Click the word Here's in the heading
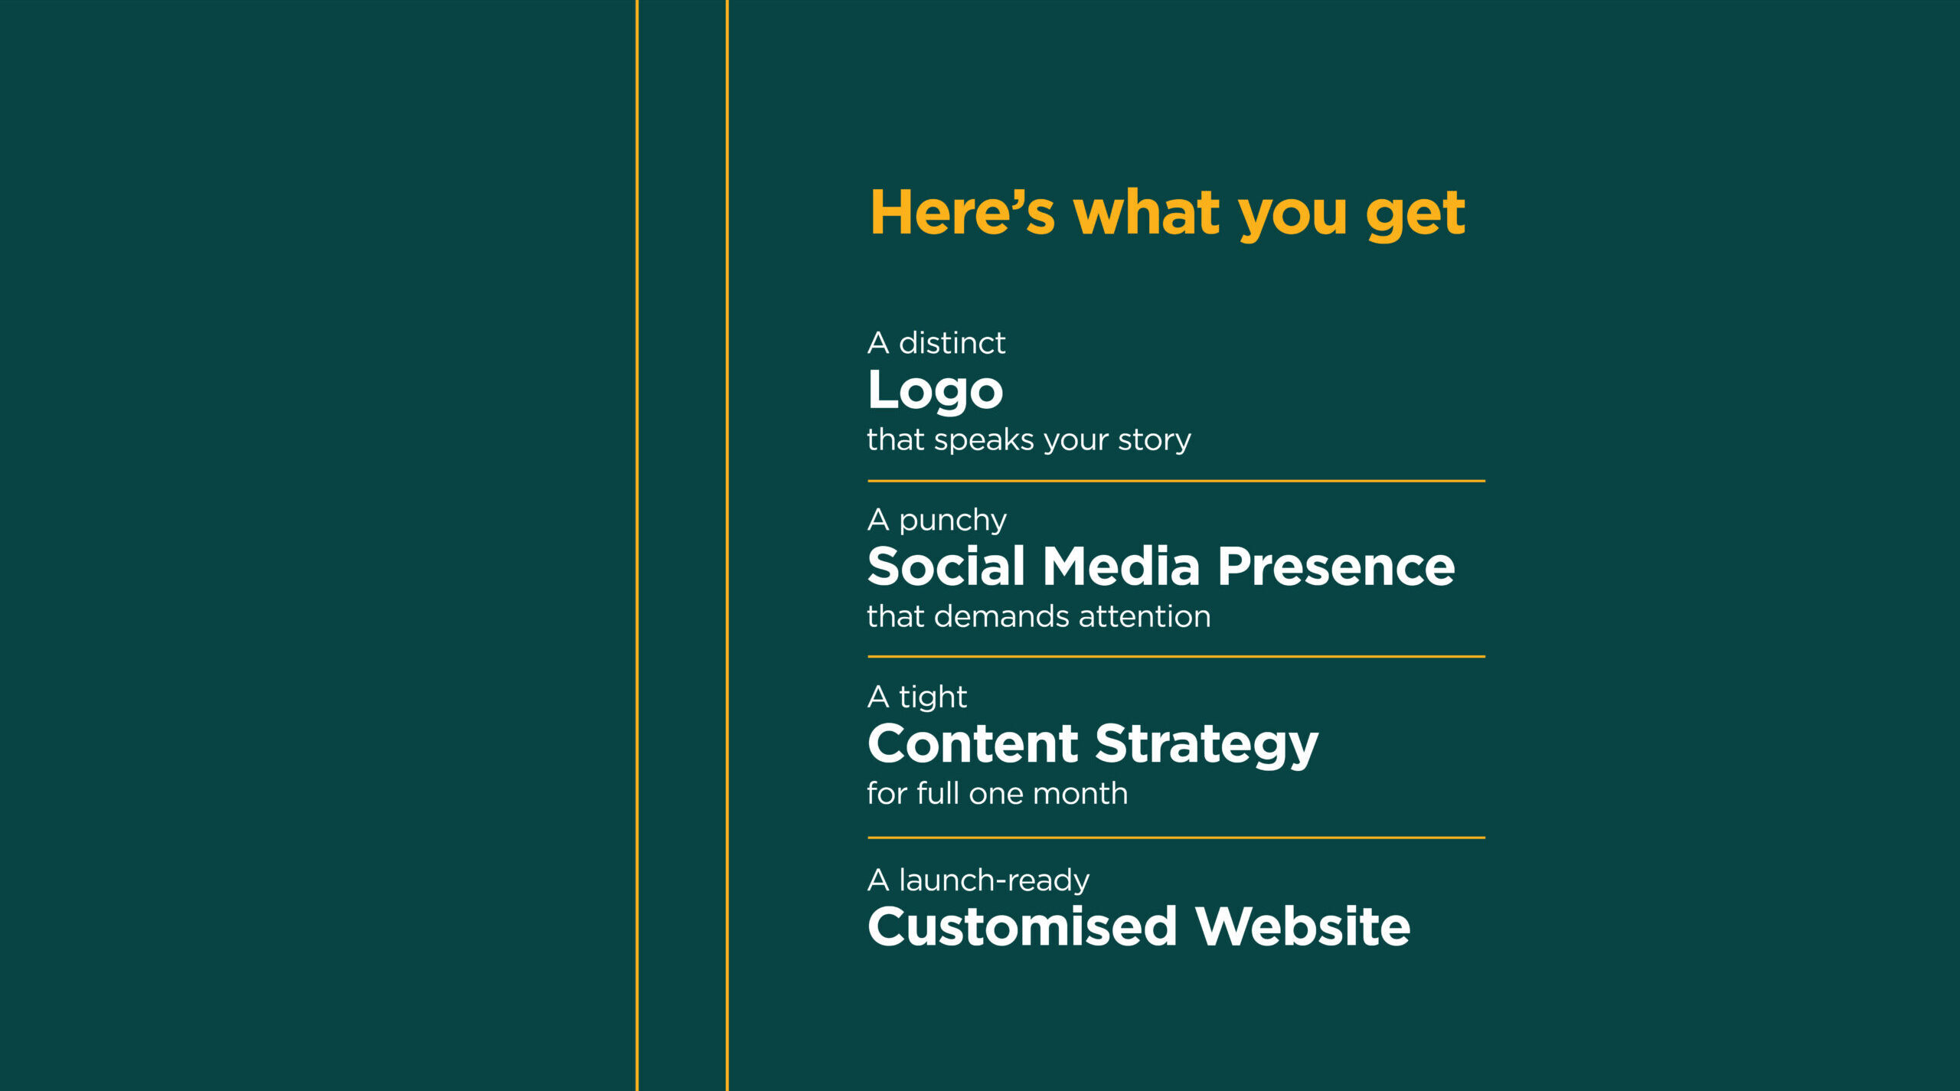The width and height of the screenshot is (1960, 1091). point(962,212)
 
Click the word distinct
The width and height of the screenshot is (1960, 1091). point(952,343)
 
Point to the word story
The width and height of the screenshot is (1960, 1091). point(1154,440)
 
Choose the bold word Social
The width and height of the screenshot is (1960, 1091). point(946,567)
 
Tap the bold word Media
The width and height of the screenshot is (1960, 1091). point(1121,567)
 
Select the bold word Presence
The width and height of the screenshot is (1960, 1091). point(1336,567)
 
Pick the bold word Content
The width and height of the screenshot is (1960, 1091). point(973,744)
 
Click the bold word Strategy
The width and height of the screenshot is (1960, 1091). point(1207,746)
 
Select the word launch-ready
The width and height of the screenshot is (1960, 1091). point(994,881)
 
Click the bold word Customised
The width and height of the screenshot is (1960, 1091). point(1022,926)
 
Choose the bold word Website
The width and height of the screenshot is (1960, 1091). point(1302,926)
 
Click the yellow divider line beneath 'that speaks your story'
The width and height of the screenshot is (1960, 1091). point(1176,481)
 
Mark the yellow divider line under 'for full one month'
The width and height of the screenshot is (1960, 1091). point(1176,838)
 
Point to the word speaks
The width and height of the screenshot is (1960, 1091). point(984,440)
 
